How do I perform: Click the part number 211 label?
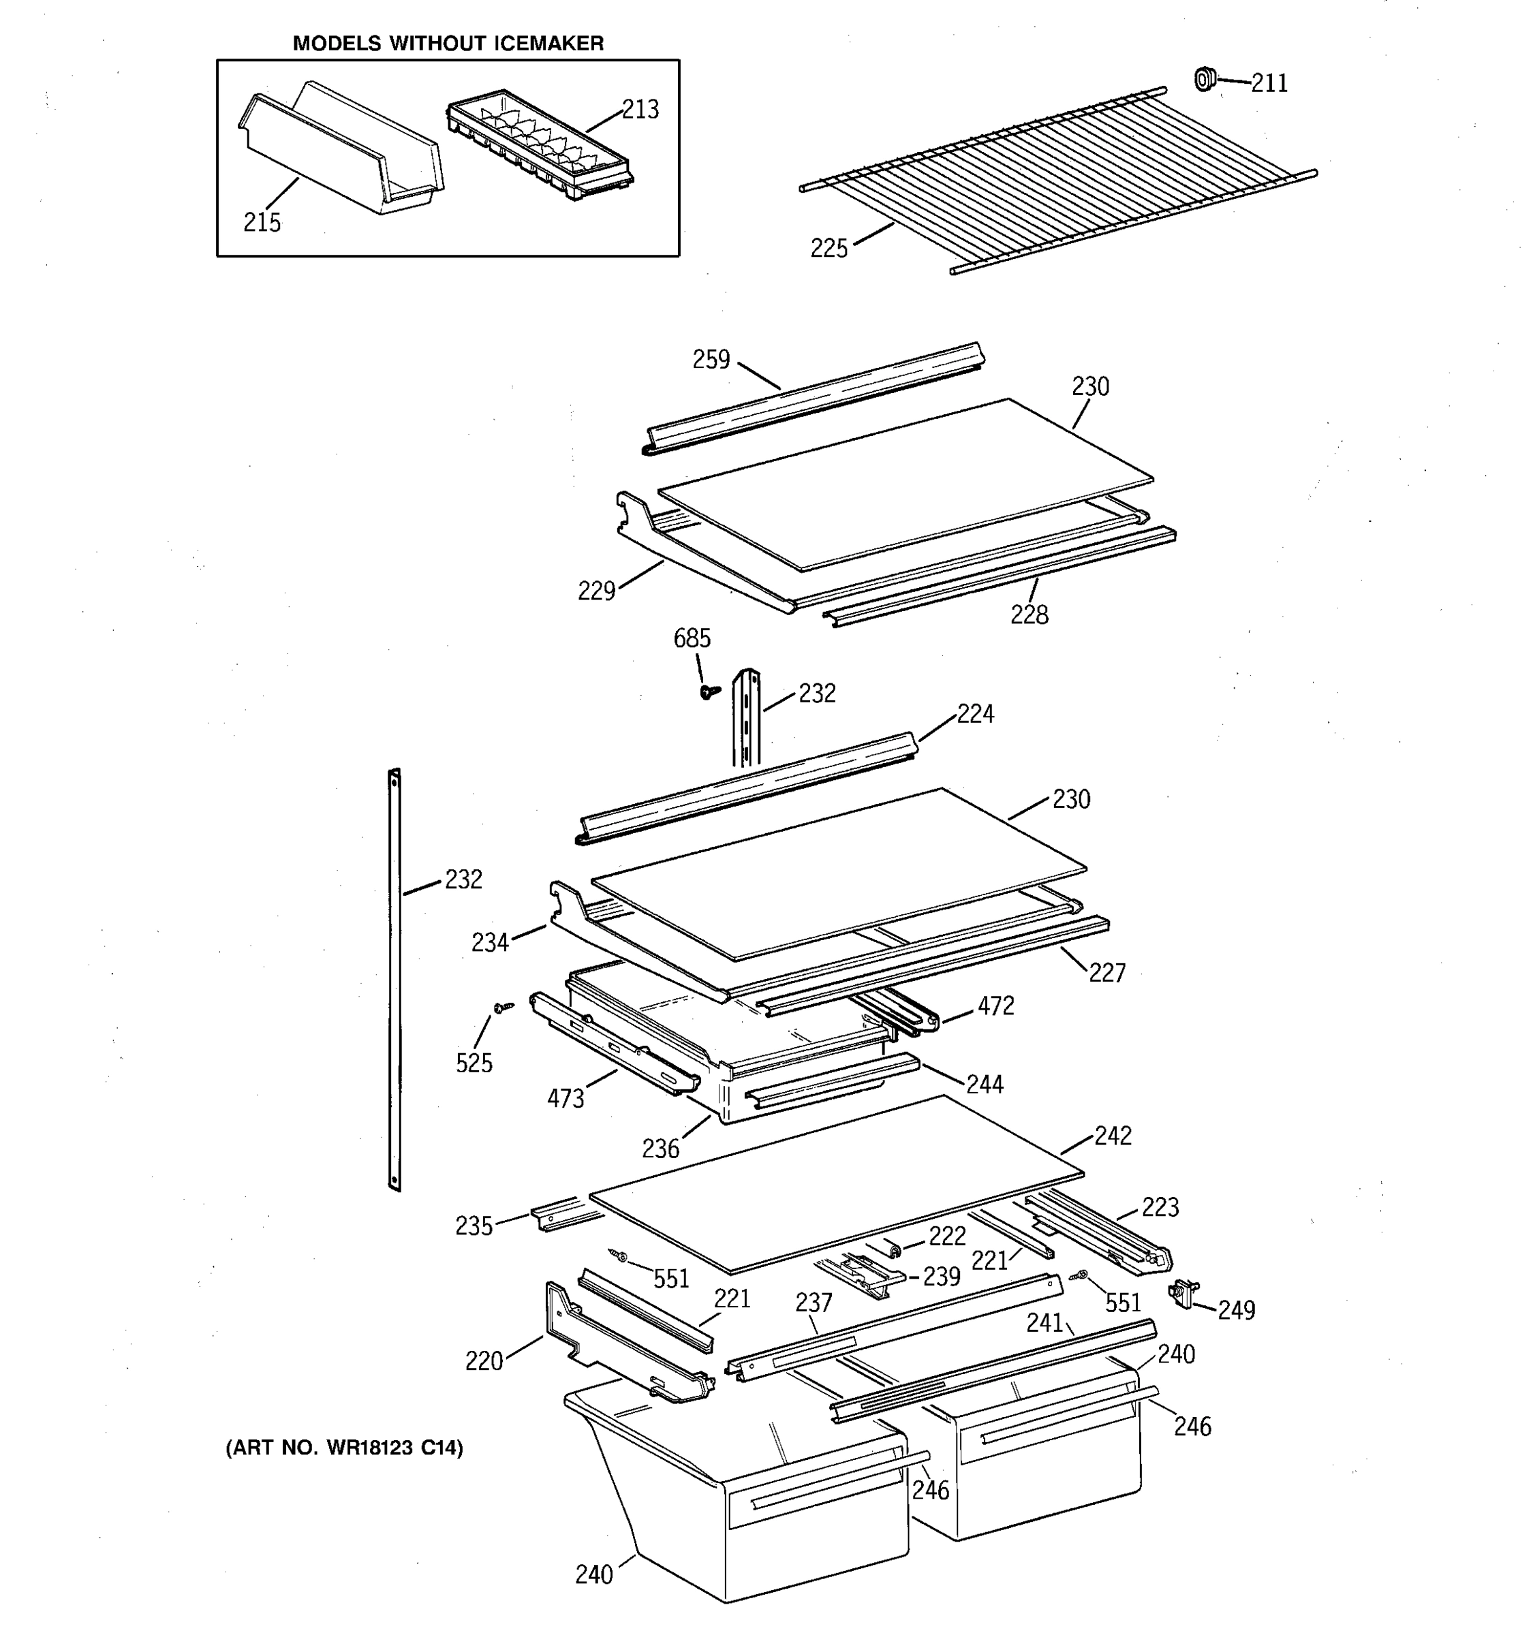pyautogui.click(x=1269, y=83)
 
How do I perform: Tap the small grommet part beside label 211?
pyautogui.click(x=1204, y=79)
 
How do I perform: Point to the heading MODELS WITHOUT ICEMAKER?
pyautogui.click(x=448, y=44)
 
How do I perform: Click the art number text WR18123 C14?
pyautogui.click(x=345, y=1448)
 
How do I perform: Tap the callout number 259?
pyautogui.click(x=711, y=360)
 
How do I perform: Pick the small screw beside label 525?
pyautogui.click(x=501, y=1007)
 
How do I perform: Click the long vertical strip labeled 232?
pyautogui.click(x=394, y=979)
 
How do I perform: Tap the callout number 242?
pyautogui.click(x=1113, y=1136)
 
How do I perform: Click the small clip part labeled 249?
pyautogui.click(x=1183, y=1292)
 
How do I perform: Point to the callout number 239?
pyautogui.click(x=941, y=1277)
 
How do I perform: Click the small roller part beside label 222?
pyautogui.click(x=893, y=1250)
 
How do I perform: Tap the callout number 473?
pyautogui.click(x=566, y=1098)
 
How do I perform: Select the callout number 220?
pyautogui.click(x=484, y=1361)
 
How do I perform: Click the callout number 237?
pyautogui.click(x=814, y=1303)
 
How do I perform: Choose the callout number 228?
pyautogui.click(x=1029, y=614)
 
